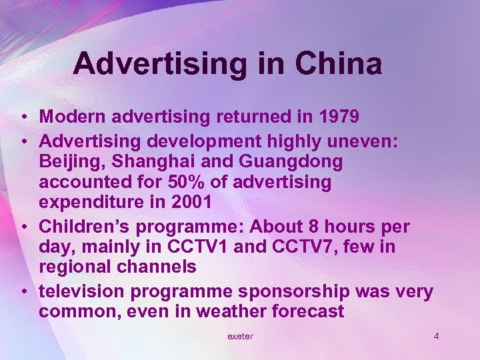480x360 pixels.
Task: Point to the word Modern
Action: tap(71, 117)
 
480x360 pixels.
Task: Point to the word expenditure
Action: tap(89, 201)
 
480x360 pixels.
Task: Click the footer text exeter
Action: tap(240, 337)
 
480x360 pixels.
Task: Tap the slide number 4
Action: tap(436, 336)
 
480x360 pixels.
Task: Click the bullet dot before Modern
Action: tap(23, 118)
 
